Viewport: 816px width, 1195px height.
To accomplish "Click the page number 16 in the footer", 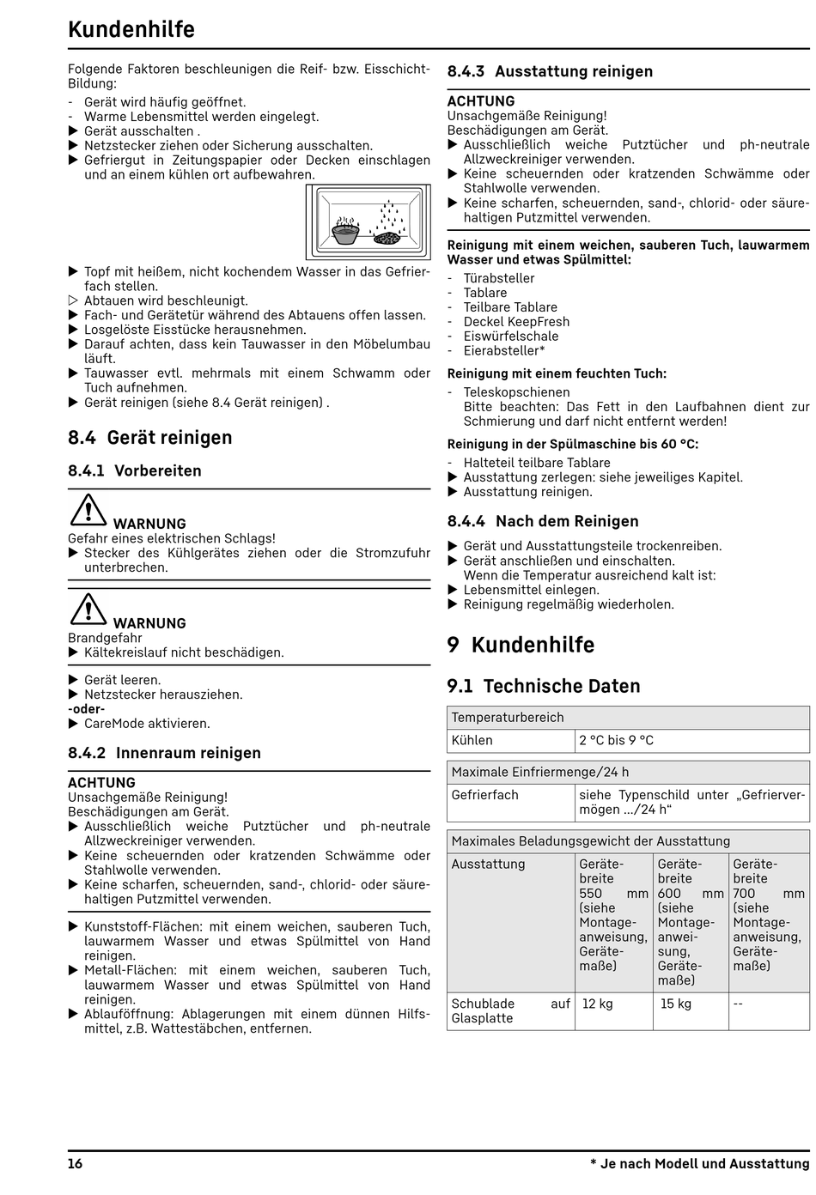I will coord(76,1164).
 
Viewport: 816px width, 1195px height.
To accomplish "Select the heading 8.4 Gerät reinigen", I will coord(150,438).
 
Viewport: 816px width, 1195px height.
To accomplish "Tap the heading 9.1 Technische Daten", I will coord(544,686).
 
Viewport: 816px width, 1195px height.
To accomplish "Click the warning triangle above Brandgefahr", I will coord(88,609).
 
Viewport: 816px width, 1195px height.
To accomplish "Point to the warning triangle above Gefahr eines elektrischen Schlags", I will coord(88,509).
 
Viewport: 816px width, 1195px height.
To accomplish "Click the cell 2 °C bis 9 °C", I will coord(616,740).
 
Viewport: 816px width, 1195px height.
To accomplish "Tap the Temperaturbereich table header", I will coord(508,717).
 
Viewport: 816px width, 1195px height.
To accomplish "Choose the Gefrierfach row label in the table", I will coord(485,795).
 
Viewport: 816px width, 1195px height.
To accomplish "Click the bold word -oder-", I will coord(87,709).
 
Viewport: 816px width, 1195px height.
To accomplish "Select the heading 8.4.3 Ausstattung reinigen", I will coord(550,72).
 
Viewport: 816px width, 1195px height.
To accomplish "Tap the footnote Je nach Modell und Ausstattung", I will coord(700,1164).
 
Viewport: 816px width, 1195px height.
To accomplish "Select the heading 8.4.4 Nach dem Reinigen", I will coord(543,521).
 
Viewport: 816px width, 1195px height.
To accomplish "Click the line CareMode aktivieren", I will coord(147,724).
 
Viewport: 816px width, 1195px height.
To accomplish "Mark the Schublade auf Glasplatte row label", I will coord(510,1010).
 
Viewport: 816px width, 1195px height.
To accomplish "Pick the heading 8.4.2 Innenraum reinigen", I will coord(164,753).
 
